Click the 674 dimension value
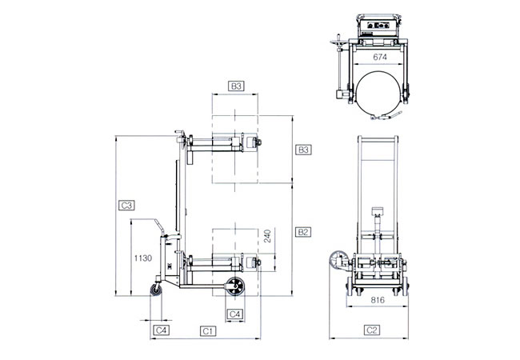380,57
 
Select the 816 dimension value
378,300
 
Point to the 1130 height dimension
143,258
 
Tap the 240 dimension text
267,236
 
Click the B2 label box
302,232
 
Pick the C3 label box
126,206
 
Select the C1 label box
208,331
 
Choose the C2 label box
372,330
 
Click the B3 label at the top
236,86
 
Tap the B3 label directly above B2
303,150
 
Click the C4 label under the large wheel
234,314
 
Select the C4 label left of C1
161,330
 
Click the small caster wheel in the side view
156,290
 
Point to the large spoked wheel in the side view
235,286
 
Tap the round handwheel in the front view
337,261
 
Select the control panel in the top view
378,26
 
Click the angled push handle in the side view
159,226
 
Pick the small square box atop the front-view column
378,211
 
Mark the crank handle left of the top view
339,66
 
